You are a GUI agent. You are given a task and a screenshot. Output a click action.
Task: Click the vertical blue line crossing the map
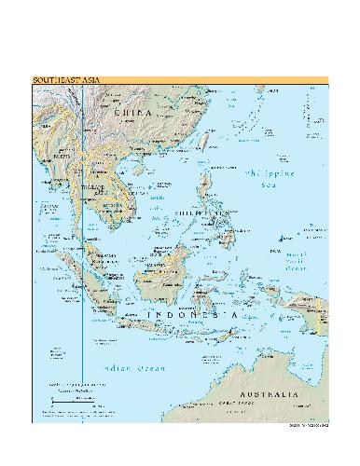82,280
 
